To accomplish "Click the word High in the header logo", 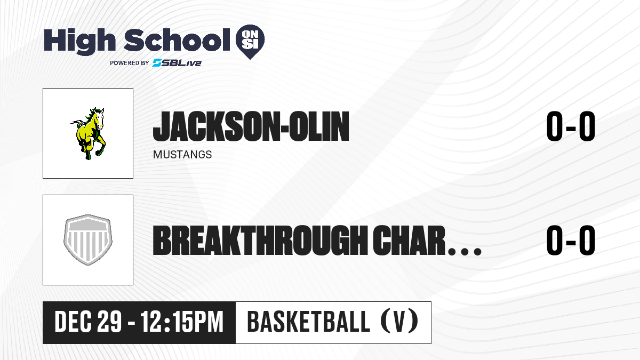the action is pos(79,41).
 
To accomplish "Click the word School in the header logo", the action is pos(177,40).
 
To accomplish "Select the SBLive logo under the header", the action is pos(177,62).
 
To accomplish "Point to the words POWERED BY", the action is pos(130,63).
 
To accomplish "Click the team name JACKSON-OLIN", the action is pos(251,126).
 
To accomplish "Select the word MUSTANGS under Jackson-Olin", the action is pos(182,155).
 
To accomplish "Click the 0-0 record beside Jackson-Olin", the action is pos(571,126).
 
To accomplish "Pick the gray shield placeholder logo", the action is pos(87,239).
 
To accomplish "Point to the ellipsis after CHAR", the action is pos(465,251).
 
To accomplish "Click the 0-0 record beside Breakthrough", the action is pos(571,240).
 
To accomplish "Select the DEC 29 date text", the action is pos(88,322).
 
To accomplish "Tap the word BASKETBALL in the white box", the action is pos(309,322).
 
